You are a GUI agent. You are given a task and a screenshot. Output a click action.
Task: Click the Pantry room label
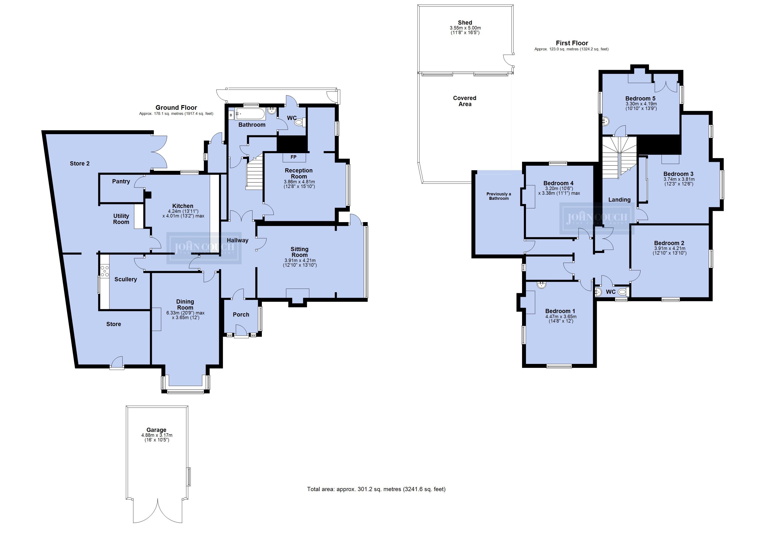(121, 182)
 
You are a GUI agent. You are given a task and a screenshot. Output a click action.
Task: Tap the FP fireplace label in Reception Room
(293, 157)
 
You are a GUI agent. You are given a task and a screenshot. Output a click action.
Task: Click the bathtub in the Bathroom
(250, 114)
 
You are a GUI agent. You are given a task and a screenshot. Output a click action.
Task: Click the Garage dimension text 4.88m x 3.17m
(157, 435)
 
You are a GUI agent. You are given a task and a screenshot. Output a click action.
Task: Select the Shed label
(465, 23)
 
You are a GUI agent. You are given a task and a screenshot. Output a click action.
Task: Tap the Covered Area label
(465, 101)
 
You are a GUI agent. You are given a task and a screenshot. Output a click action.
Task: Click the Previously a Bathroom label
(499, 196)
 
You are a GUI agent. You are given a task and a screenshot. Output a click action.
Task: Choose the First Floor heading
(572, 43)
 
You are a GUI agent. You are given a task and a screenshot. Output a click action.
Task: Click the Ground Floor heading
(176, 108)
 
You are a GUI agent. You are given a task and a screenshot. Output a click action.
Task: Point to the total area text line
(376, 489)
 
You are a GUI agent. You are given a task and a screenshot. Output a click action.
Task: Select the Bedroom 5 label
(640, 99)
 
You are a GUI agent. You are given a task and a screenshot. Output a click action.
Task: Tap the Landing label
(620, 200)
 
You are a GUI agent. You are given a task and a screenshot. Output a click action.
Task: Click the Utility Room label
(121, 219)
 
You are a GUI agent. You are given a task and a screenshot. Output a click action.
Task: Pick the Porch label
(241, 314)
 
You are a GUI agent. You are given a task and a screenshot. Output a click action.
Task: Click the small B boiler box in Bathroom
(231, 115)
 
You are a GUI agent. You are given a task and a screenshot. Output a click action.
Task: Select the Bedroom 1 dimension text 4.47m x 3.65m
(561, 317)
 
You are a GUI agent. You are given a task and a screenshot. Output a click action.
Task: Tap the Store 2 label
(80, 163)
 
